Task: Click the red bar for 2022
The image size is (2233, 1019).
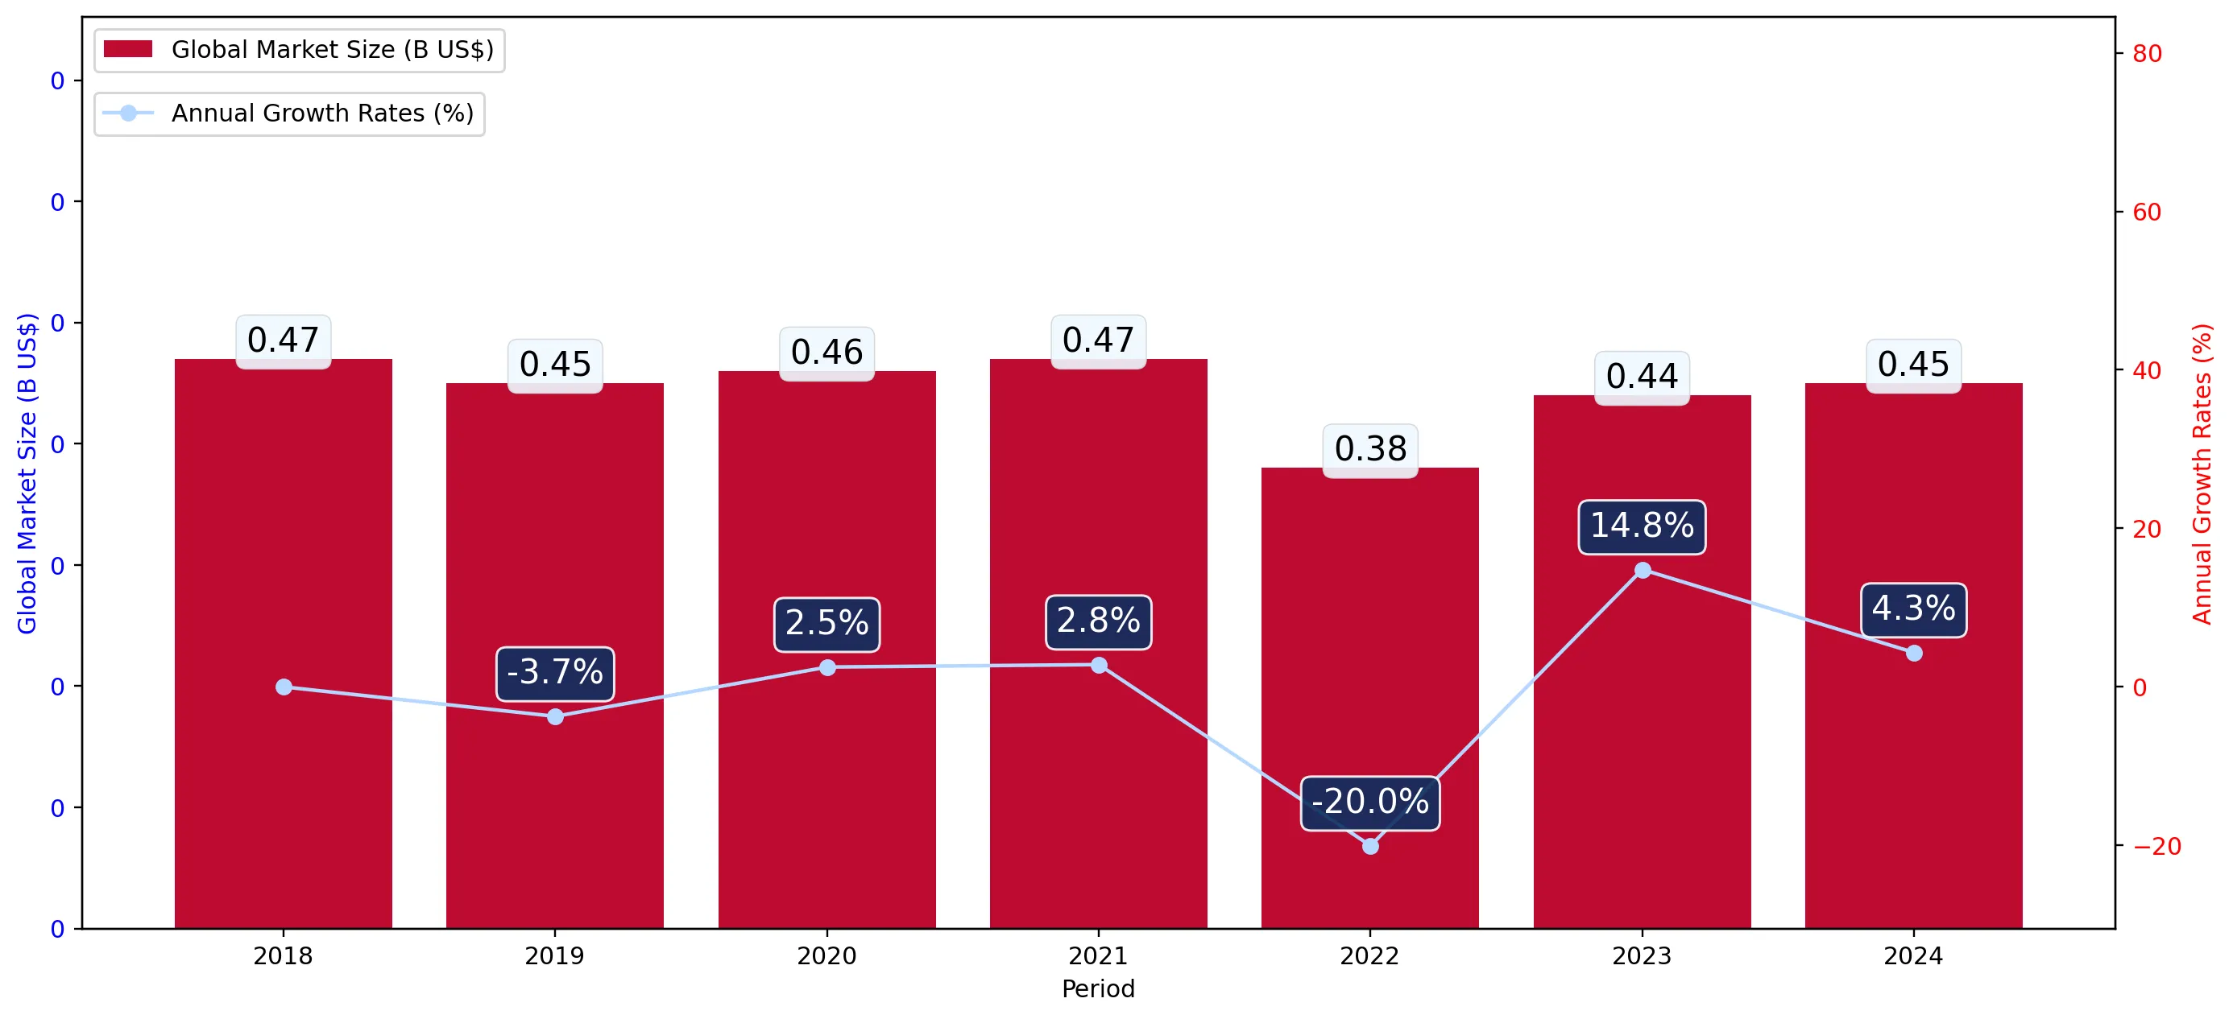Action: tap(1369, 698)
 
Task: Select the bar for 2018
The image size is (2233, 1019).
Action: tap(284, 643)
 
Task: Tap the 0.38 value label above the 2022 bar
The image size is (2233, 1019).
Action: tap(1369, 450)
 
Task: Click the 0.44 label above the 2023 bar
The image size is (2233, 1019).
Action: tap(1642, 377)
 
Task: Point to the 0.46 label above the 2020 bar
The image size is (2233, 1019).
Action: tap(827, 353)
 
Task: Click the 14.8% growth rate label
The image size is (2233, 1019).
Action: tap(1642, 526)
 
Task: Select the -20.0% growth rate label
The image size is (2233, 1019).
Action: tap(1369, 802)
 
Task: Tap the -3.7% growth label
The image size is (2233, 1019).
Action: tap(555, 673)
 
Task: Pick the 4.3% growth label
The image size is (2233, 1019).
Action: tap(1913, 609)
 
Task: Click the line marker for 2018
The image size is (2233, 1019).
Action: tap(284, 687)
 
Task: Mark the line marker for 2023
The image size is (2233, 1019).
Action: tap(1642, 569)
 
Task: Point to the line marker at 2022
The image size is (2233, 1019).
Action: tap(1369, 846)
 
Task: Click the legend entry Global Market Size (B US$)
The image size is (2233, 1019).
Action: tap(299, 49)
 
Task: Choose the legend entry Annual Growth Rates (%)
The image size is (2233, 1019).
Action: tap(288, 113)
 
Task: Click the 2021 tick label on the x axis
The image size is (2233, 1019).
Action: tap(1098, 955)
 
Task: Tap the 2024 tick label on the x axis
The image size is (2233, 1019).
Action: tap(1913, 955)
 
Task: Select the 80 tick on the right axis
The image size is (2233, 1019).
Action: tap(2147, 54)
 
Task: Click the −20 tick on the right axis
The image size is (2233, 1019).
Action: tap(2156, 847)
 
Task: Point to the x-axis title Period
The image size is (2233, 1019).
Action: tap(1098, 988)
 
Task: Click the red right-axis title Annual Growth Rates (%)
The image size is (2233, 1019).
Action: tap(2202, 474)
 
